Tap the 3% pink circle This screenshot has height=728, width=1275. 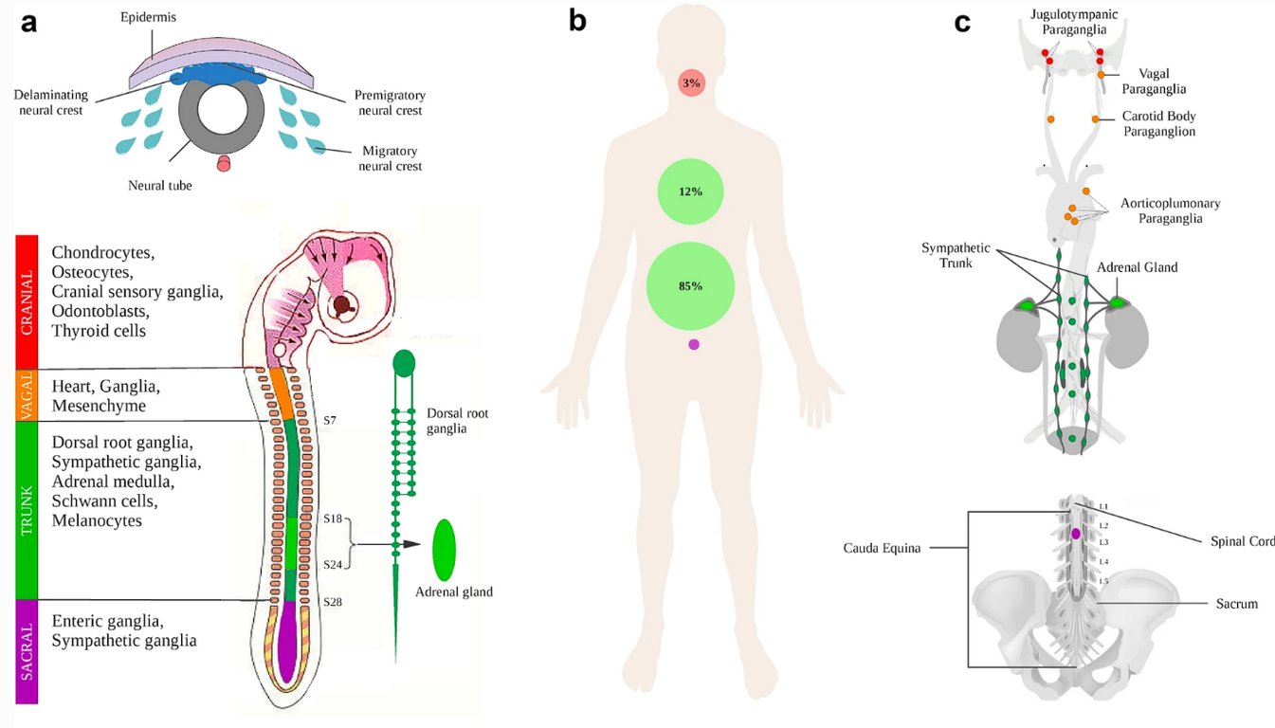coord(691,83)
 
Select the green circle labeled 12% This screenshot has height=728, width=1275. coord(690,191)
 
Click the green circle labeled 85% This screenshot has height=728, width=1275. coord(690,285)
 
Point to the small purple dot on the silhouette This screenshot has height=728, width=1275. coord(694,344)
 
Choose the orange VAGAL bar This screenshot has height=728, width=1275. coord(27,394)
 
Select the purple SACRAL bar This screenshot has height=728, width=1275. coord(27,651)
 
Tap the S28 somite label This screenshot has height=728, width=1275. coord(333,602)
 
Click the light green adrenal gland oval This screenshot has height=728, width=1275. coord(445,550)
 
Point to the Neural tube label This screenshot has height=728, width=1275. coord(160,186)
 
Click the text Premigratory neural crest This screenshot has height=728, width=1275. coord(389,103)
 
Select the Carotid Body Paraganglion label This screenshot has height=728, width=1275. coord(1158,124)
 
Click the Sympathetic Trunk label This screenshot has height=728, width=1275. coord(956,256)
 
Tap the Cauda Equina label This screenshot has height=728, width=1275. coord(882,548)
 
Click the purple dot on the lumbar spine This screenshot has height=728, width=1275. coord(1075,534)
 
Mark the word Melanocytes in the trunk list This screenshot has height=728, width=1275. coord(97,520)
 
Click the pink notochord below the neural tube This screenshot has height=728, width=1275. coord(224,164)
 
